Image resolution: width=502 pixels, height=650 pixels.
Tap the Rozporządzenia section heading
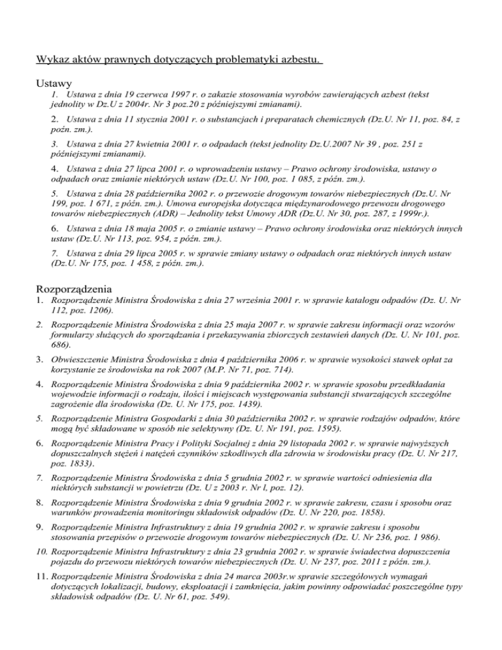point(76,287)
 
